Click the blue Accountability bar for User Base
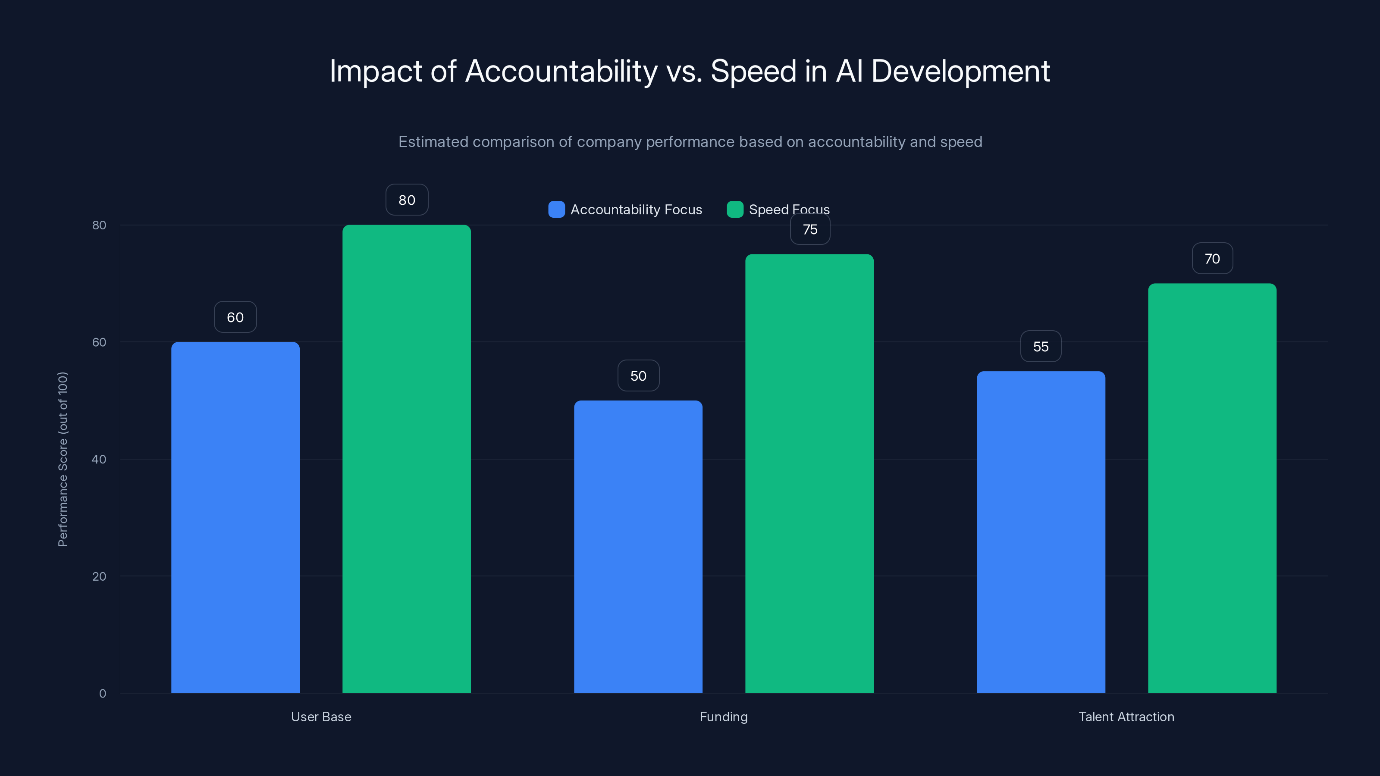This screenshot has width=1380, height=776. click(x=235, y=517)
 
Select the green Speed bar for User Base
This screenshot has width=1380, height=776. click(x=407, y=458)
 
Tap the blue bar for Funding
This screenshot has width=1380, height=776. click(x=638, y=546)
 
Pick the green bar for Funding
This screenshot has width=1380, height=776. click(x=809, y=473)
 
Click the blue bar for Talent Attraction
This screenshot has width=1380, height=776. click(x=1041, y=532)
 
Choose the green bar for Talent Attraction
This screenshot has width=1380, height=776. click(x=1212, y=488)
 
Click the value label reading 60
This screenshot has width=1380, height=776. click(x=235, y=317)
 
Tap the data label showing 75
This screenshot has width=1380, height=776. click(x=810, y=229)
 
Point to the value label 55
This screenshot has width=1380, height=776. click(x=1041, y=347)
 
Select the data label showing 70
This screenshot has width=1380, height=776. click(x=1212, y=259)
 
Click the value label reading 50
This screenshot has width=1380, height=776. click(x=638, y=376)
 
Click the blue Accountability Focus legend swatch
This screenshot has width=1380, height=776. click(x=557, y=210)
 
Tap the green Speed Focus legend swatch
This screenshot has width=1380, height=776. click(x=735, y=210)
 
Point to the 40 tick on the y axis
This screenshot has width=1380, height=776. click(x=99, y=459)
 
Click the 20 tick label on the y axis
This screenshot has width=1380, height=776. click(x=99, y=576)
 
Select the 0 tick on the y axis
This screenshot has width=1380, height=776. click(x=102, y=694)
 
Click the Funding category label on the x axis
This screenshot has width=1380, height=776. click(x=723, y=717)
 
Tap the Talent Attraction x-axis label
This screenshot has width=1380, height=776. click(x=1126, y=717)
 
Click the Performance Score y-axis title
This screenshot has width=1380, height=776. click(x=63, y=459)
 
